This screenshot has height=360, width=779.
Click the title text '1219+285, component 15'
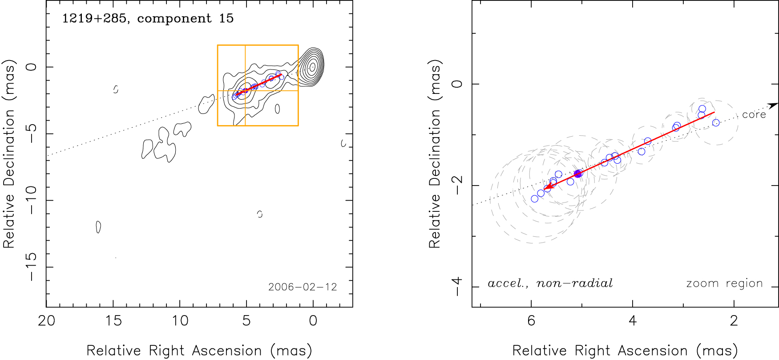pos(148,18)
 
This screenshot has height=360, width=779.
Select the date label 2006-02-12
pos(303,287)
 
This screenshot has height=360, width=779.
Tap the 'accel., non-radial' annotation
pos(550,283)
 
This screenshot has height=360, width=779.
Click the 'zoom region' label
pos(724,283)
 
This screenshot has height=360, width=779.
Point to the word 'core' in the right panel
pos(754,115)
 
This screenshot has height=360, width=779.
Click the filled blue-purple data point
pos(577,174)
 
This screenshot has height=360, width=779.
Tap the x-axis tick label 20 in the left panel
pos(47,321)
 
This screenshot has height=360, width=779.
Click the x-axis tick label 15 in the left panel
pos(113,321)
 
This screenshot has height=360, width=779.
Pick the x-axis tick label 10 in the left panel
pos(180,321)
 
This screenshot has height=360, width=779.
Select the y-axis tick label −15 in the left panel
pos(31,267)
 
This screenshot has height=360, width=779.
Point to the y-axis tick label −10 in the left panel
pos(31,200)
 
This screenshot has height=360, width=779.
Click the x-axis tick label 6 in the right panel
pos(531,321)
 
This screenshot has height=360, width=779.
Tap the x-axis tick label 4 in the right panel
pos(633,321)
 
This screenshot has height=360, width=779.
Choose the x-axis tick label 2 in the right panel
pos(734,321)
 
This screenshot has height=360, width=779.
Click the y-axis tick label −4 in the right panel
pos(457,286)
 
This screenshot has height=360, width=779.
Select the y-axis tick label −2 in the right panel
pos(457,185)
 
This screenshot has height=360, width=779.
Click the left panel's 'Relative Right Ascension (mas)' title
pos(199,351)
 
